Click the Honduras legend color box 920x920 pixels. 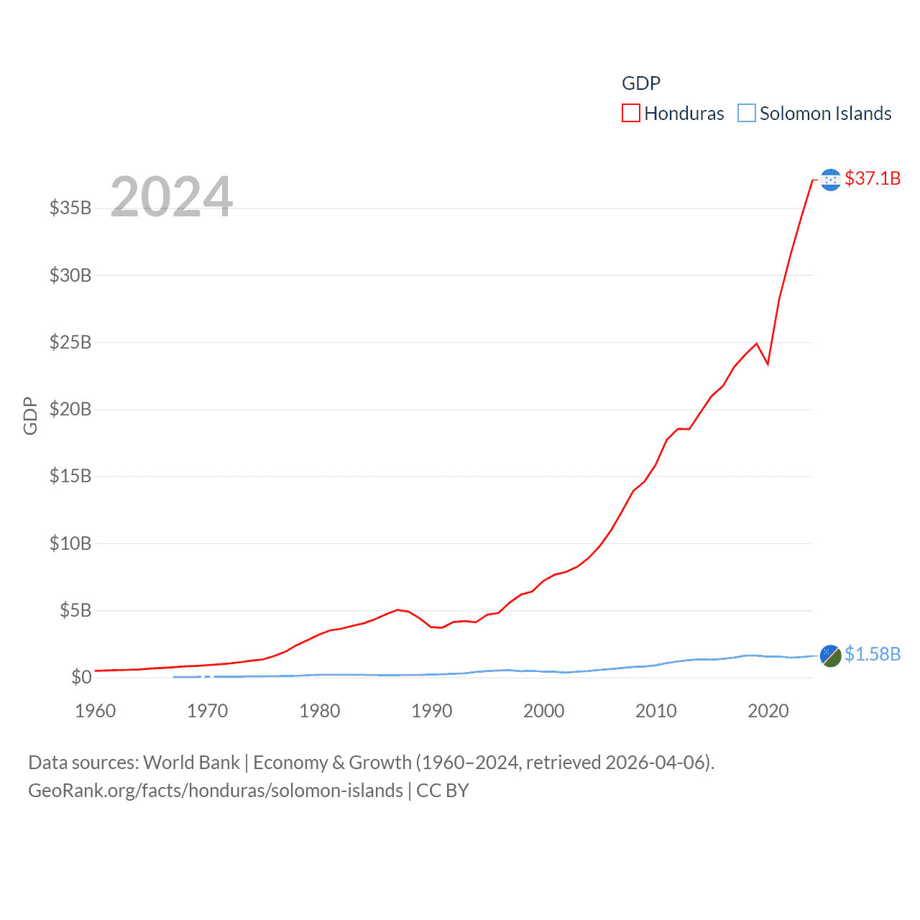pos(630,114)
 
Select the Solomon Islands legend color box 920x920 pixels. pos(747,114)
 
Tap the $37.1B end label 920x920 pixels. pos(873,178)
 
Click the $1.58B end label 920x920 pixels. pos(873,654)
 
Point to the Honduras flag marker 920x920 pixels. pos(830,180)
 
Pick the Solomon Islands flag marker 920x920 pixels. pos(830,655)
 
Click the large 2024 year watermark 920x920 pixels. pos(171,197)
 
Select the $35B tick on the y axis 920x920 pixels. pos(70,208)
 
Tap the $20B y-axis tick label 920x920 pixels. pos(70,410)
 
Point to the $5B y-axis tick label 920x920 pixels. pos(75,611)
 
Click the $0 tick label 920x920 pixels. pos(81,677)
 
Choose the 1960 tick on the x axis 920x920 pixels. pos(96,711)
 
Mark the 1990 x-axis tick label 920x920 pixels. pos(432,711)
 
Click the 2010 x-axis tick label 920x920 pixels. pos(656,711)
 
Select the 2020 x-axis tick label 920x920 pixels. pos(768,711)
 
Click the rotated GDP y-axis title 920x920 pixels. pos(30,415)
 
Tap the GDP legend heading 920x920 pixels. pos(640,83)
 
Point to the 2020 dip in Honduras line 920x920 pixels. pos(768,364)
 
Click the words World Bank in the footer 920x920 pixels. pos(191,763)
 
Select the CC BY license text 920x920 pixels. pos(443,791)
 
